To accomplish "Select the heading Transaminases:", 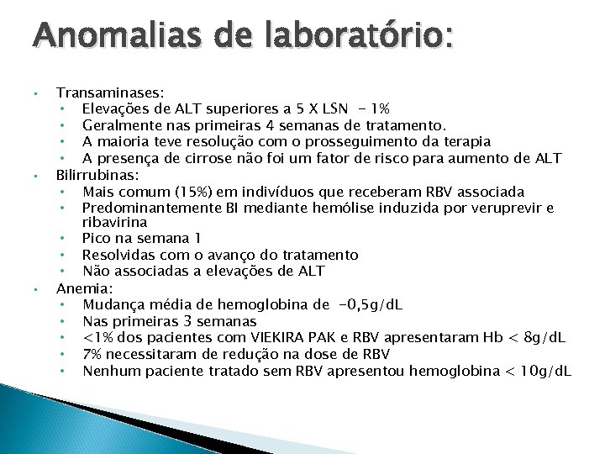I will click(x=110, y=92).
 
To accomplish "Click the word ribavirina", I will click(x=114, y=222).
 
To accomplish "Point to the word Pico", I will click(x=97, y=239).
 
